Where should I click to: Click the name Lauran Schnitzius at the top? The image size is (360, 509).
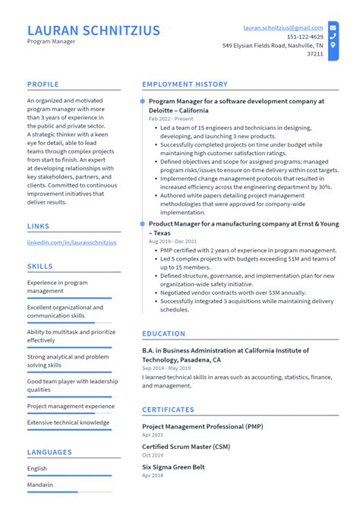tap(93, 30)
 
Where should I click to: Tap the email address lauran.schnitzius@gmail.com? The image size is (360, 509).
tap(283, 27)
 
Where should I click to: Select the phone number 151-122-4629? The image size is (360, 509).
tap(305, 36)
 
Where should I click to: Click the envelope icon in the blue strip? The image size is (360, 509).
tap(333, 27)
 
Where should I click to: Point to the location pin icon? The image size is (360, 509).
tap(333, 45)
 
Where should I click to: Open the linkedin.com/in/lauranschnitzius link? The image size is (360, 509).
tap(71, 242)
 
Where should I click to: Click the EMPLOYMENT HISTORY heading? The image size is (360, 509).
tap(185, 84)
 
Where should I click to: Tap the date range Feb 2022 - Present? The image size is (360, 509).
tap(171, 119)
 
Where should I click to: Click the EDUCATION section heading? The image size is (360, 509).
tap(163, 334)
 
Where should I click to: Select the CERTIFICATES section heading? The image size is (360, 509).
tap(169, 409)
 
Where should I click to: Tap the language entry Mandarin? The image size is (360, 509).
tap(39, 485)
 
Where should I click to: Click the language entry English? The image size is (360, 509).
tap(37, 469)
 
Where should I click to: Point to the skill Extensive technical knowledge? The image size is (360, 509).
tap(68, 422)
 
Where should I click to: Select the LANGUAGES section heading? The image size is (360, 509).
tap(50, 452)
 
